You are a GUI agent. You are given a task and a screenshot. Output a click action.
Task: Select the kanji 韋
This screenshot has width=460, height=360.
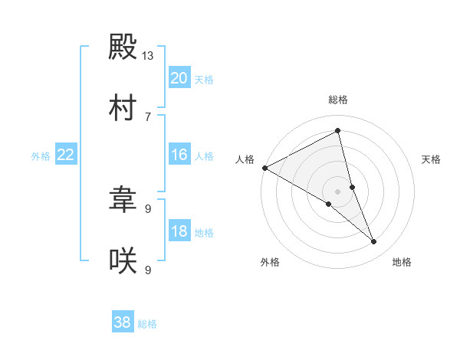click(123, 201)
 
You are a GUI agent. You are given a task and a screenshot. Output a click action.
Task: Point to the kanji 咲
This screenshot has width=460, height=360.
click(123, 260)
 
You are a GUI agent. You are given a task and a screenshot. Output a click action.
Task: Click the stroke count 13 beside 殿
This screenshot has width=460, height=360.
click(148, 56)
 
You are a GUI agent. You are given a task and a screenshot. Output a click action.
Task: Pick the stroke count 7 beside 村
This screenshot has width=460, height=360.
click(148, 116)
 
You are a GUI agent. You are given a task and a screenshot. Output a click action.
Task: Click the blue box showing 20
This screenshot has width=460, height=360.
click(179, 78)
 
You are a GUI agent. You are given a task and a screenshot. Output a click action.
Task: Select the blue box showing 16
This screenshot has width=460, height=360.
click(179, 155)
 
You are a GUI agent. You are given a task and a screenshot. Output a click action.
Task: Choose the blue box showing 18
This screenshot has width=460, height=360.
click(179, 232)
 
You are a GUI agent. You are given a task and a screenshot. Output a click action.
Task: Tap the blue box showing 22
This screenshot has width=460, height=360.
click(65, 155)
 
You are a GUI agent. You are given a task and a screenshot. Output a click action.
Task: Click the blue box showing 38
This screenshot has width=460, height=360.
click(122, 322)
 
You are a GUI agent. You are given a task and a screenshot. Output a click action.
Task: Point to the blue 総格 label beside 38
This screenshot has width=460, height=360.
click(147, 324)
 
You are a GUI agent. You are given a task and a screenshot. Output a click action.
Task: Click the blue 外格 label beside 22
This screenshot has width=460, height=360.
click(41, 156)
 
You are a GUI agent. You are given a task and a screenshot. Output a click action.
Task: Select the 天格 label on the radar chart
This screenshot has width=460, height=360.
click(431, 159)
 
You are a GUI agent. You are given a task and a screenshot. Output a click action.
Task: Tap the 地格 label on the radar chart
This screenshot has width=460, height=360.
click(402, 262)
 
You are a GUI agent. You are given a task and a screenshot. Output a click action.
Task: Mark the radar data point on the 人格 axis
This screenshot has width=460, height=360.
click(264, 168)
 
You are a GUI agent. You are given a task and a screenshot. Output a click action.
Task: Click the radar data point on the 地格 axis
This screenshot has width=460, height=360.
click(374, 242)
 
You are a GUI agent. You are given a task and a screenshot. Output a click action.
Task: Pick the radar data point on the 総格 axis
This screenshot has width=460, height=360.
click(338, 131)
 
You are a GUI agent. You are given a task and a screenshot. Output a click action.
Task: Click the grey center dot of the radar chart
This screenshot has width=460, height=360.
click(338, 191)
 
